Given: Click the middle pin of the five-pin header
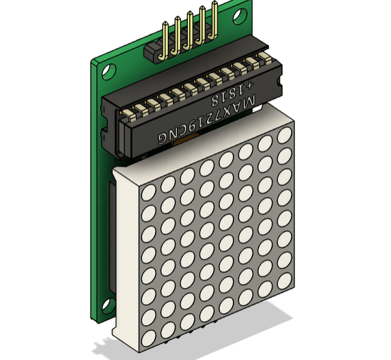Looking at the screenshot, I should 190,30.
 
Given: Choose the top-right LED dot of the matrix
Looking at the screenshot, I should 284,136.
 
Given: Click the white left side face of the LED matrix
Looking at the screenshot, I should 125,257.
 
